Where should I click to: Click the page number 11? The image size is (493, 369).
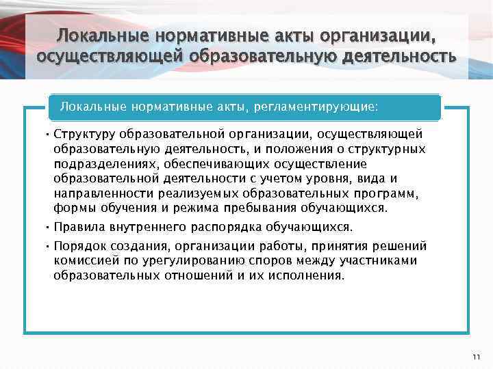pos(477,357)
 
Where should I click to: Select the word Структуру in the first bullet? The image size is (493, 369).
pos(82,134)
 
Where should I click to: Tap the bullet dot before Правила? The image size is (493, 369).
pos(49,227)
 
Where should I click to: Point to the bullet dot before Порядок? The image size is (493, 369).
pos(49,246)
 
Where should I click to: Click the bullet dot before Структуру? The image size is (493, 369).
pos(49,134)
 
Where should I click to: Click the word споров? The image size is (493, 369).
pos(256,260)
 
